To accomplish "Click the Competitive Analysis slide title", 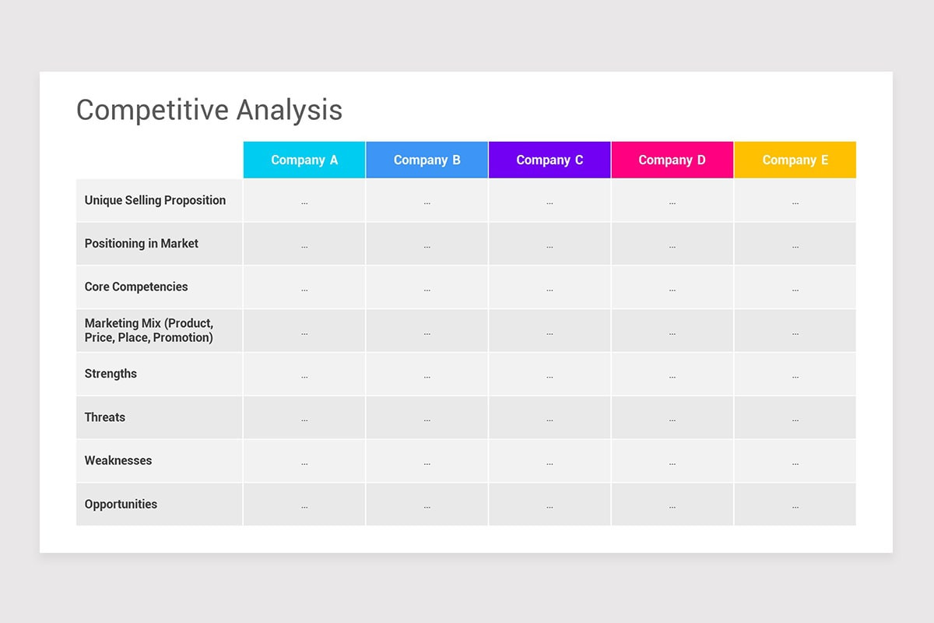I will tap(209, 110).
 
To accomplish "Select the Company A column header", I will tap(304, 160).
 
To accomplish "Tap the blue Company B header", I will tap(427, 160).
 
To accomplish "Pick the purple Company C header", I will tap(550, 160).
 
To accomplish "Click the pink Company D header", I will tap(672, 160).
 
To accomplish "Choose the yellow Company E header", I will tap(795, 160).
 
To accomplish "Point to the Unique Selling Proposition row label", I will tap(155, 200).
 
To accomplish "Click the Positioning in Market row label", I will tap(142, 244).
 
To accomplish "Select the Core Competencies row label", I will tap(136, 287).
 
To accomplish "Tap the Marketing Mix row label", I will tap(149, 330).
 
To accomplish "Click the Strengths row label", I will tap(111, 374).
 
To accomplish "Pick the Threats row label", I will tap(105, 417).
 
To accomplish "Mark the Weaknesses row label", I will tap(118, 460).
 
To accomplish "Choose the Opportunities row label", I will tap(121, 504).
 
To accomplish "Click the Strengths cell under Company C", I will tap(550, 375).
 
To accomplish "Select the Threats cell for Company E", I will tap(795, 418).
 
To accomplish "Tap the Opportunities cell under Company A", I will tap(304, 505).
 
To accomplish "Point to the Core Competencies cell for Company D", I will tap(672, 287).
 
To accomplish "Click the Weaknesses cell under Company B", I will tap(427, 461).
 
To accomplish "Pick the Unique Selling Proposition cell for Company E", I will tap(795, 201).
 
